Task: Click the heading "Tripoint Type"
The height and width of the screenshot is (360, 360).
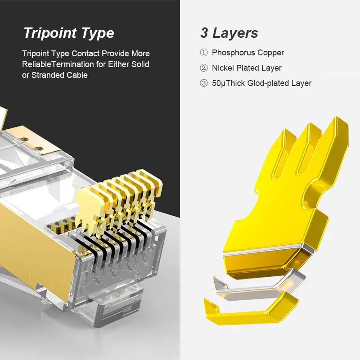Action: click(69, 33)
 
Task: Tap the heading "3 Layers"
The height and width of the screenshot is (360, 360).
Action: click(229, 33)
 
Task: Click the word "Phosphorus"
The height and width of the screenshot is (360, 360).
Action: click(233, 53)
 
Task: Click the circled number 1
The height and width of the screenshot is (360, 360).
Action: click(204, 53)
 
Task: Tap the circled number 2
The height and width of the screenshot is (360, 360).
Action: click(204, 68)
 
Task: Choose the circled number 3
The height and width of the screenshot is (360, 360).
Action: click(204, 83)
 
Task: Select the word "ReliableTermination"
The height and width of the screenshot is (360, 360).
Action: click(58, 64)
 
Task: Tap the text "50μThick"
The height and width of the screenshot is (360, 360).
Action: click(229, 83)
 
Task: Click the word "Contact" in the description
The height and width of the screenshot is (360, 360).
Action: click(85, 54)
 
